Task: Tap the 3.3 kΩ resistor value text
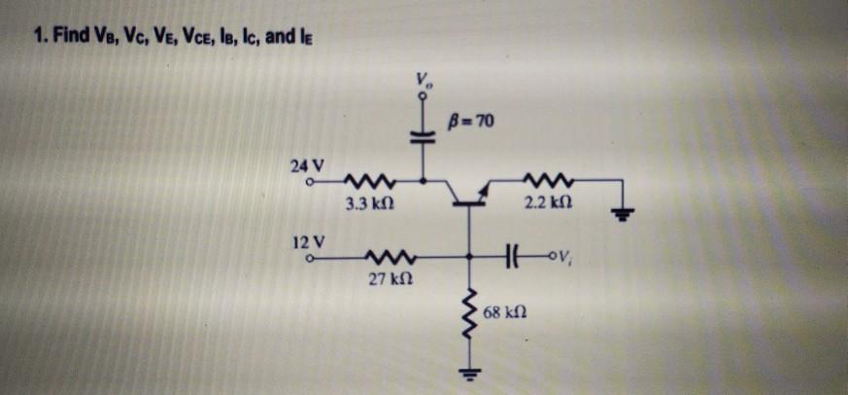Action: [368, 206]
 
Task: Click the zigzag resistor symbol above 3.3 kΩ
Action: [366, 181]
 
